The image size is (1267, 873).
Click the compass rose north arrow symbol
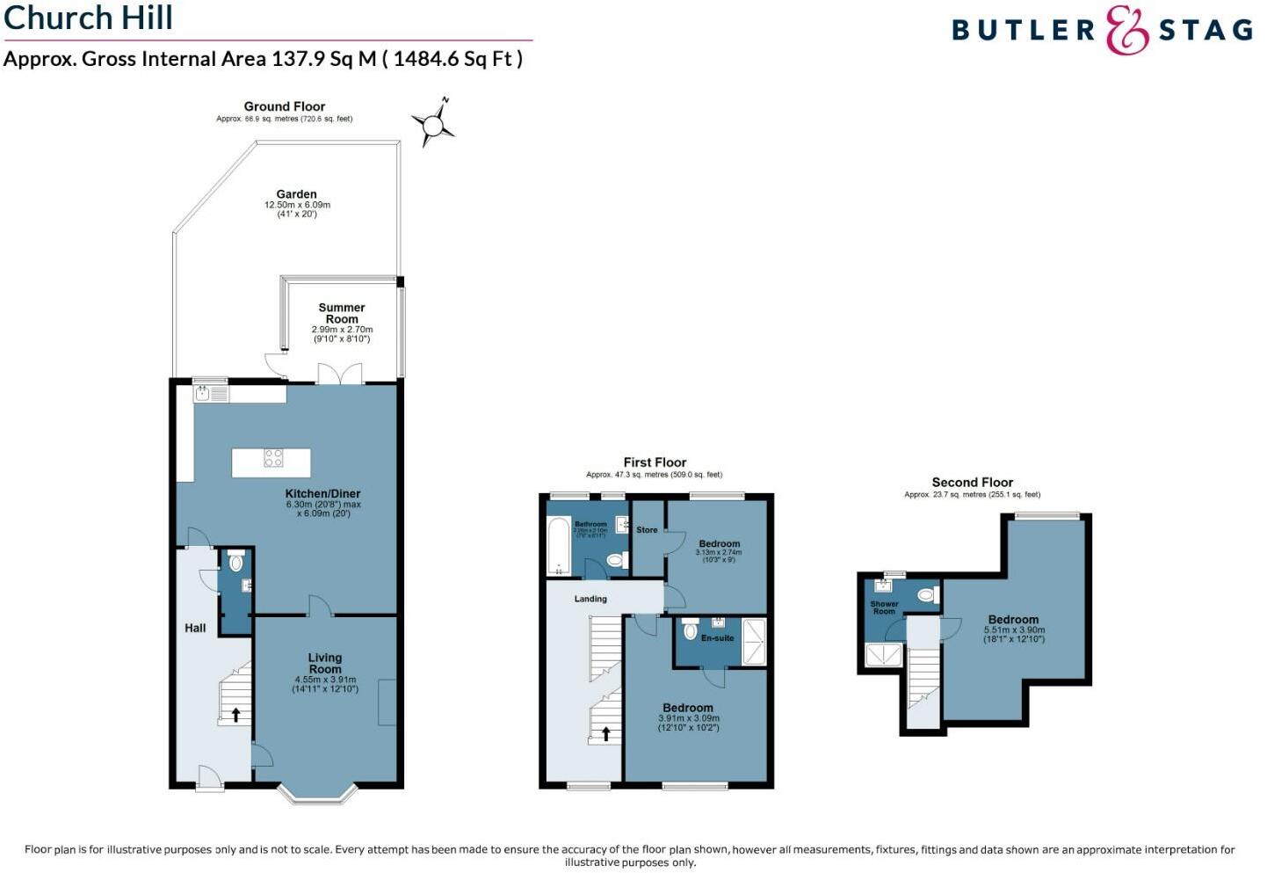[x=433, y=125]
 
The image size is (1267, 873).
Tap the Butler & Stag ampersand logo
[x=1127, y=31]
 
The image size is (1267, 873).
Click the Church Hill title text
[x=88, y=18]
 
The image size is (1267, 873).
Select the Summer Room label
[x=342, y=313]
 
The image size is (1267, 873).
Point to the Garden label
[x=296, y=194]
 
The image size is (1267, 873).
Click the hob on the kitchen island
[x=274, y=457]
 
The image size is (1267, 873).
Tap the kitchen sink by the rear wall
[x=203, y=394]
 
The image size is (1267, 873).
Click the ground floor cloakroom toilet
[x=235, y=562]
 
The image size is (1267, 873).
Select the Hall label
[x=195, y=628]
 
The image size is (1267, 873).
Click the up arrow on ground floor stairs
[x=235, y=715]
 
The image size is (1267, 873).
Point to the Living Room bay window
[x=318, y=794]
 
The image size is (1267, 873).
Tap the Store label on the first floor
[x=647, y=530]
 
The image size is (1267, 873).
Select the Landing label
[x=590, y=599]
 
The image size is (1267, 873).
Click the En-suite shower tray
[x=754, y=641]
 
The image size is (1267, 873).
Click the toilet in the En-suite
[x=691, y=630]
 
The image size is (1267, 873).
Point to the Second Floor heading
[x=972, y=483]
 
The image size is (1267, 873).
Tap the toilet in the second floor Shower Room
[x=926, y=595]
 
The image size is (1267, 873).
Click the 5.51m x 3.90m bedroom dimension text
[x=1013, y=630]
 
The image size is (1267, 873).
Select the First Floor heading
[x=655, y=462]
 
